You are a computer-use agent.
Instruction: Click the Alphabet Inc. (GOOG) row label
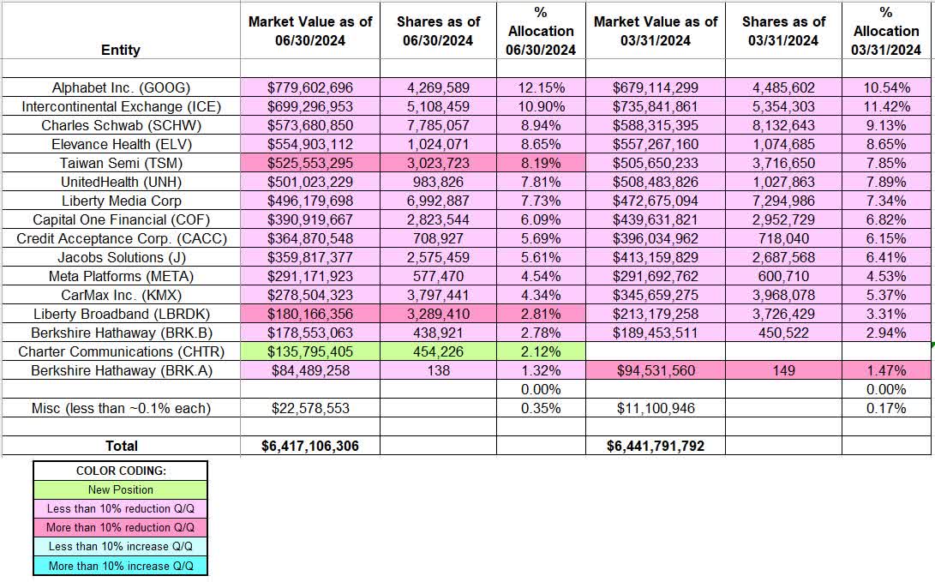click(x=120, y=87)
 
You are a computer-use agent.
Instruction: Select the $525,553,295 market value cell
click(x=310, y=163)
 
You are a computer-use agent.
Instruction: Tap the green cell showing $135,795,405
click(x=310, y=351)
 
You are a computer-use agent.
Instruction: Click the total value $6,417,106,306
click(x=310, y=446)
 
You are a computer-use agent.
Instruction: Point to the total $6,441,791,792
click(x=655, y=446)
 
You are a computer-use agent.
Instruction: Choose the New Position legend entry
click(x=120, y=489)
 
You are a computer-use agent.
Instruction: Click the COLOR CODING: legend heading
click(x=120, y=471)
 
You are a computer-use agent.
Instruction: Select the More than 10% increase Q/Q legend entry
click(x=120, y=565)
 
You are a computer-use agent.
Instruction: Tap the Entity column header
click(x=120, y=50)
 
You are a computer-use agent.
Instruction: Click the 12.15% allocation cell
click(x=541, y=87)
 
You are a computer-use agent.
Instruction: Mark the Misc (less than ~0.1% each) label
click(x=120, y=408)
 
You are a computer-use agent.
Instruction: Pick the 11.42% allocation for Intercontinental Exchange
click(x=886, y=106)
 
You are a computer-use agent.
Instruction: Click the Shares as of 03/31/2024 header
click(x=783, y=31)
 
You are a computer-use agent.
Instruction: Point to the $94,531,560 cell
click(x=655, y=370)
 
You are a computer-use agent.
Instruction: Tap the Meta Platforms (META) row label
click(x=120, y=276)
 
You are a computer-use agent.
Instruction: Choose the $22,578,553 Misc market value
click(x=310, y=408)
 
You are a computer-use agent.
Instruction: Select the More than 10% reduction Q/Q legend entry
click(x=120, y=527)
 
